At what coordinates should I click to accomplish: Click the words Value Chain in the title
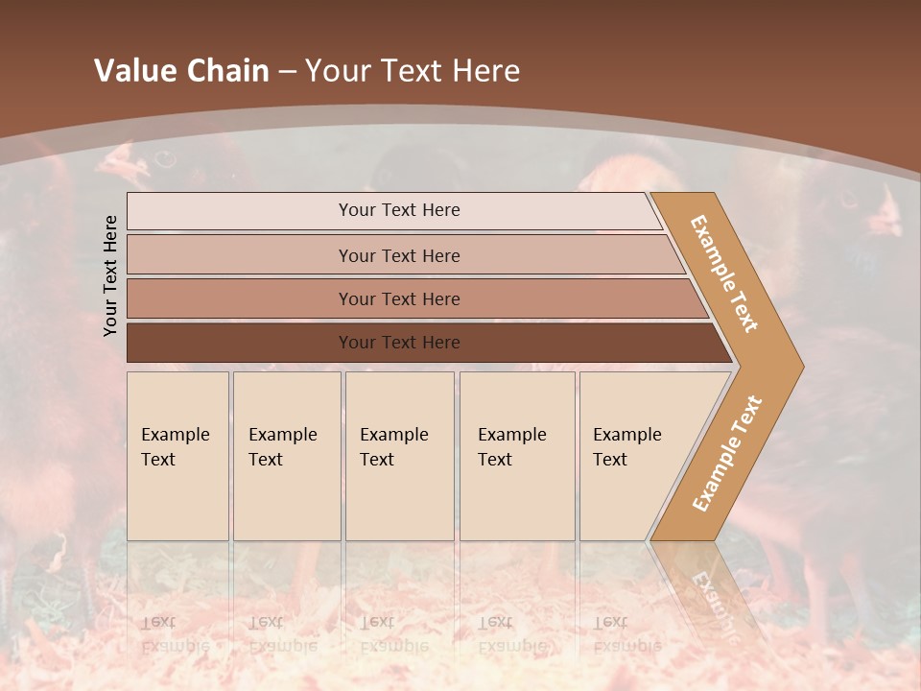click(181, 71)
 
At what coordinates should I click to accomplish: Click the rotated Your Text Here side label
click(110, 275)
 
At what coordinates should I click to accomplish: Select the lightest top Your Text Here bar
click(398, 210)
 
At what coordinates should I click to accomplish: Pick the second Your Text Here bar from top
click(398, 255)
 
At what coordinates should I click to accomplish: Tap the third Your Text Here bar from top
click(398, 298)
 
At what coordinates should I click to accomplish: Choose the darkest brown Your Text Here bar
click(398, 343)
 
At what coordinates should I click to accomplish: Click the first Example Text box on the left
click(177, 456)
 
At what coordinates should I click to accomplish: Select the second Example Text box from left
click(287, 456)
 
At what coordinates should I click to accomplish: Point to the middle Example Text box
click(399, 456)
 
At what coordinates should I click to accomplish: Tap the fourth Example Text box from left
click(517, 456)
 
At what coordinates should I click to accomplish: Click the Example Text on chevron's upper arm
click(725, 273)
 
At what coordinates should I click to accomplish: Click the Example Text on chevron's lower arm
click(726, 454)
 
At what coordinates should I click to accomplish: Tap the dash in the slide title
click(287, 71)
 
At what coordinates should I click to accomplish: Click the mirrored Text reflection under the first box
click(158, 622)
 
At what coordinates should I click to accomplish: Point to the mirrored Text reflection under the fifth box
click(610, 622)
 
